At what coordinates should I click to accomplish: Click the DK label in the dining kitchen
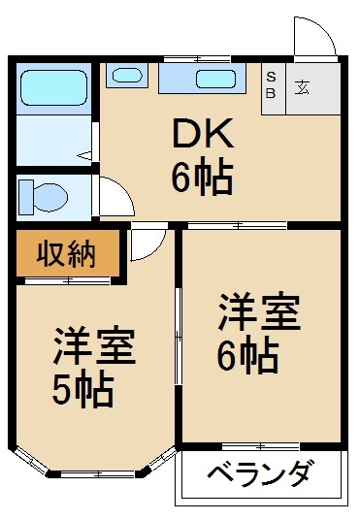point(203,134)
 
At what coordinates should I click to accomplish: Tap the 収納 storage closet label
point(66,254)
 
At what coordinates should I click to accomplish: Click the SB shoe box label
point(271,85)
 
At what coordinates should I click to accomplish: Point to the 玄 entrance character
point(303,87)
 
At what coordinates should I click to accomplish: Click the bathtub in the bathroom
point(53,87)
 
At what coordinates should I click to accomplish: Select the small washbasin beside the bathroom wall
point(127,76)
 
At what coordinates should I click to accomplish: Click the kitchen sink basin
point(215,80)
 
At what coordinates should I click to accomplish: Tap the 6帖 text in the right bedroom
point(247,356)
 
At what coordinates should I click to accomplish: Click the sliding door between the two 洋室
point(179,337)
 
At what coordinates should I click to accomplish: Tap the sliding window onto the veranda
point(261,446)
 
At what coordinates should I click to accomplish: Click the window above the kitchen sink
point(197,59)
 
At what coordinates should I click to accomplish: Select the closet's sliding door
point(68,281)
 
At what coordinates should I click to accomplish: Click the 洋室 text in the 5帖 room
point(94,346)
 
